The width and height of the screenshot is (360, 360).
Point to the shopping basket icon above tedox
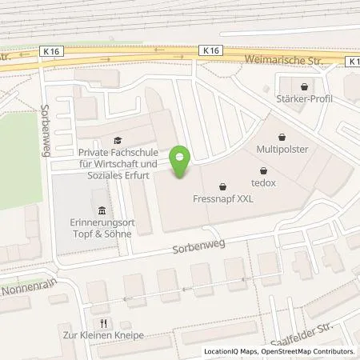264,170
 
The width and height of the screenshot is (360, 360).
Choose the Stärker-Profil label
304,98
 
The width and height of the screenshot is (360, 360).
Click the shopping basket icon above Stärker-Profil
303,86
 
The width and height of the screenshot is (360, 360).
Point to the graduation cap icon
118,138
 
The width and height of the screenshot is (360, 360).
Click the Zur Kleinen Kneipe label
106,335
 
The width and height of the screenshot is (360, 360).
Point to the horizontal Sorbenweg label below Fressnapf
197,249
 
